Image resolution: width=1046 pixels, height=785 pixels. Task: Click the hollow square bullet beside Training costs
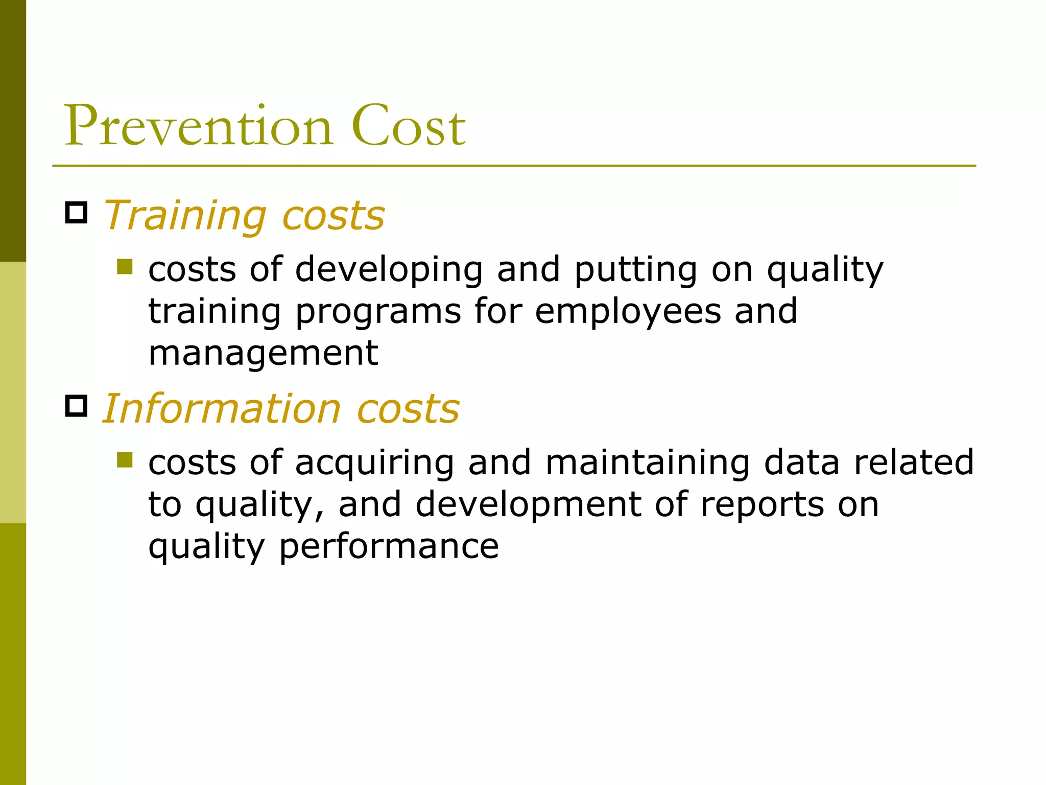point(76,213)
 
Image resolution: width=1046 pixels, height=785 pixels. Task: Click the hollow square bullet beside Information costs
point(76,406)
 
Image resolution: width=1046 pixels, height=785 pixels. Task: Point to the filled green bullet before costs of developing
point(124,267)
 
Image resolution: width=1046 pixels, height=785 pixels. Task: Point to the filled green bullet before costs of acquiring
point(124,460)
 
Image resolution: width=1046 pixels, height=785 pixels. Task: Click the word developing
point(389,270)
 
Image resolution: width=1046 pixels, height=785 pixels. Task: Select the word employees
point(628,312)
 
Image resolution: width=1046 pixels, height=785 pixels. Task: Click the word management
point(263,354)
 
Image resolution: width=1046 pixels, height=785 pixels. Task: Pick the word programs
point(378,312)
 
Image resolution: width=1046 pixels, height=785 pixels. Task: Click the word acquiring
point(374,463)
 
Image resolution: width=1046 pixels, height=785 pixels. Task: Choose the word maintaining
point(647,463)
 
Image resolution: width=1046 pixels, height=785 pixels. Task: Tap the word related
point(914,463)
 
